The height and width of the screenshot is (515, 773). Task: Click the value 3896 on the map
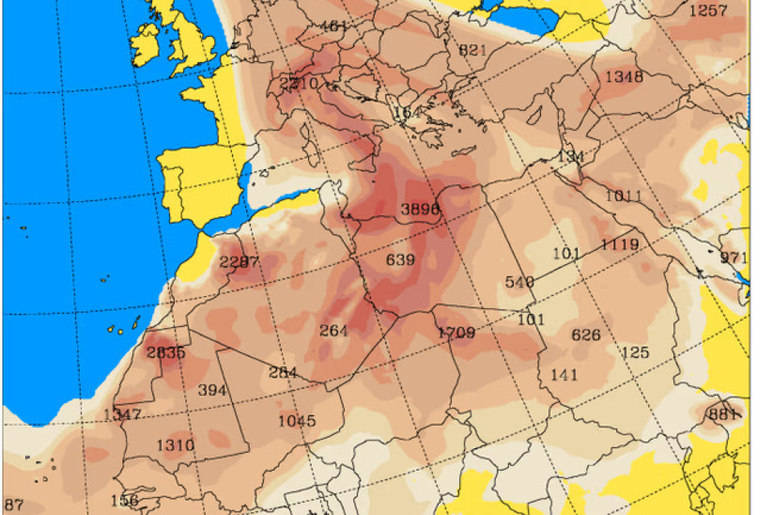pos(420,209)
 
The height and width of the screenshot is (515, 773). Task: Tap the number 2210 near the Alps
pos(298,83)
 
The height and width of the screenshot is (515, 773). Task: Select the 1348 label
pos(624,76)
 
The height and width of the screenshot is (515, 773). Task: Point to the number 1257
pos(709,10)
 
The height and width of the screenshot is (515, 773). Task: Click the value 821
pos(473,50)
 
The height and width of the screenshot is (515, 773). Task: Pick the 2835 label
pos(166,352)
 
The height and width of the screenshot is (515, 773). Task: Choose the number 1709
pos(456,332)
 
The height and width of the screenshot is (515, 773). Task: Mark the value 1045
pos(297,421)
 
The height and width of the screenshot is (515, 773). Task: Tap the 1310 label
pos(175,445)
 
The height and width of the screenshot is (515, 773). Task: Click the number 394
pos(212,390)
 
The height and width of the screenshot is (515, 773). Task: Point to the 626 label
pos(585,335)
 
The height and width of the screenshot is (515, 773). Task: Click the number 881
pos(723,414)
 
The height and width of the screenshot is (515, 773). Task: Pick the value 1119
pos(619,245)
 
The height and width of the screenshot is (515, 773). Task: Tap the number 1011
pos(623,196)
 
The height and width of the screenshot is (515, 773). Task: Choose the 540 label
pos(519,282)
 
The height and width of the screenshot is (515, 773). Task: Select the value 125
pos(635,352)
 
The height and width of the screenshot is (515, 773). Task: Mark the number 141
pos(564,374)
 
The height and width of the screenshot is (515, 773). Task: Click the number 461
pos(333,26)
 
